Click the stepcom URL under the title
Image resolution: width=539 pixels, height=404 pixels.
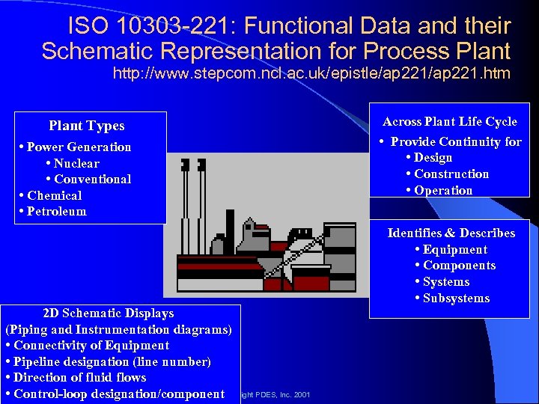311,73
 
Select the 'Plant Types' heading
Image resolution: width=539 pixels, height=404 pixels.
86,126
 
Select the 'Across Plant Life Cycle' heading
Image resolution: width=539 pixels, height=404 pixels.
449,121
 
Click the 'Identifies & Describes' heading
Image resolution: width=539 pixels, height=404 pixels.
451,233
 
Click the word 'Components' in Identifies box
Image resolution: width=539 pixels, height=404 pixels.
459,265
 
